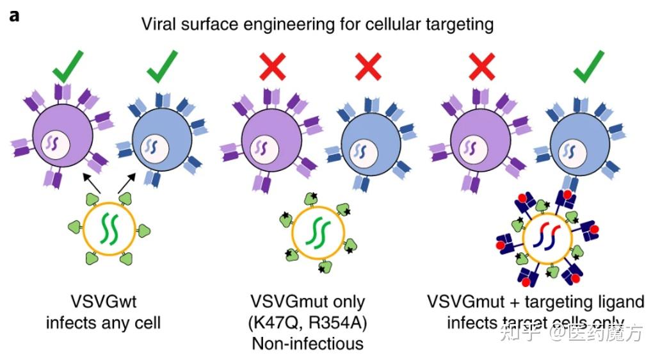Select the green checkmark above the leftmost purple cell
68,68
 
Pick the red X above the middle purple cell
271,68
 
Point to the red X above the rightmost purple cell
481,68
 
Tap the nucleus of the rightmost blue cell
569,152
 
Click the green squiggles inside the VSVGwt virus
103,231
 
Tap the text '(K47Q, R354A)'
307,322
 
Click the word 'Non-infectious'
307,343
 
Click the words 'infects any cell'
103,322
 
